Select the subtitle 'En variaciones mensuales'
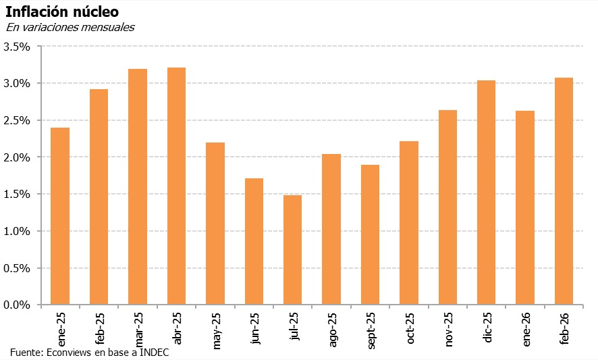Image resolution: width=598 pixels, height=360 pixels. (x=70, y=28)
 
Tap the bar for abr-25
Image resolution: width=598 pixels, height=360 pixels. (x=176, y=186)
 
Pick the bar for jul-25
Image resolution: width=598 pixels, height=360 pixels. (x=292, y=250)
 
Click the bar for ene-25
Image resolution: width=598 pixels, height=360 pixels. (x=60, y=216)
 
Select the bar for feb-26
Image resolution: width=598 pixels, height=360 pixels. (x=564, y=191)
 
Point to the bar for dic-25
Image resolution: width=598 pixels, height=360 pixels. (x=486, y=192)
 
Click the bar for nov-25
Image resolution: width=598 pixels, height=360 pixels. (x=447, y=207)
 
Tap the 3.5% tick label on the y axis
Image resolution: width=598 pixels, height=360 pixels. (x=17, y=47)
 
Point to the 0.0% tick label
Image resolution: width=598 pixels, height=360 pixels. (x=17, y=305)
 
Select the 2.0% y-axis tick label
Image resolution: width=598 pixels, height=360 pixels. (x=17, y=157)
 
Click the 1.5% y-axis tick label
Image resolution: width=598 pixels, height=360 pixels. (x=17, y=195)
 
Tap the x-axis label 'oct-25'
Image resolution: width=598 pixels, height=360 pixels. (x=410, y=328)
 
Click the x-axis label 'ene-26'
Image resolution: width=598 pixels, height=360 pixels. (x=526, y=328)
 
